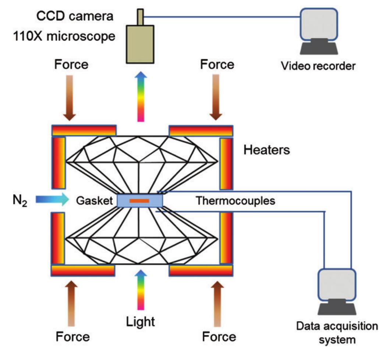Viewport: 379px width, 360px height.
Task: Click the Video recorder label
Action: [x=318, y=66]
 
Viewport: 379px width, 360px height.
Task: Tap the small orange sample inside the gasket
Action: [x=139, y=201]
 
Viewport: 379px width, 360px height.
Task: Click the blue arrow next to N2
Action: [x=52, y=200]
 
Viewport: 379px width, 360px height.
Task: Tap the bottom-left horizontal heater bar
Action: [x=83, y=270]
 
